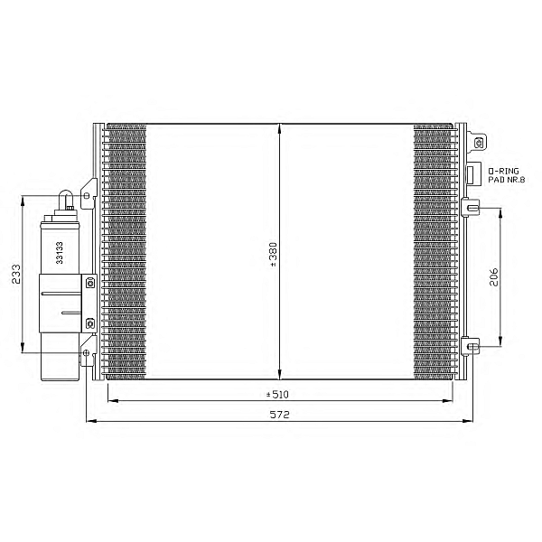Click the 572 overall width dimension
(279, 415)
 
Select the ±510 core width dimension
(277, 395)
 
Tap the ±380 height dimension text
(273, 255)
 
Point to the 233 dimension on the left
(16, 274)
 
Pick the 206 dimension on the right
(494, 277)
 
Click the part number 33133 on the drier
(60, 253)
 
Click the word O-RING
(503, 171)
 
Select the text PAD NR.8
(507, 180)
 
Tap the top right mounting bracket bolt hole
(479, 143)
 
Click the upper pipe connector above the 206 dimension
(471, 208)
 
